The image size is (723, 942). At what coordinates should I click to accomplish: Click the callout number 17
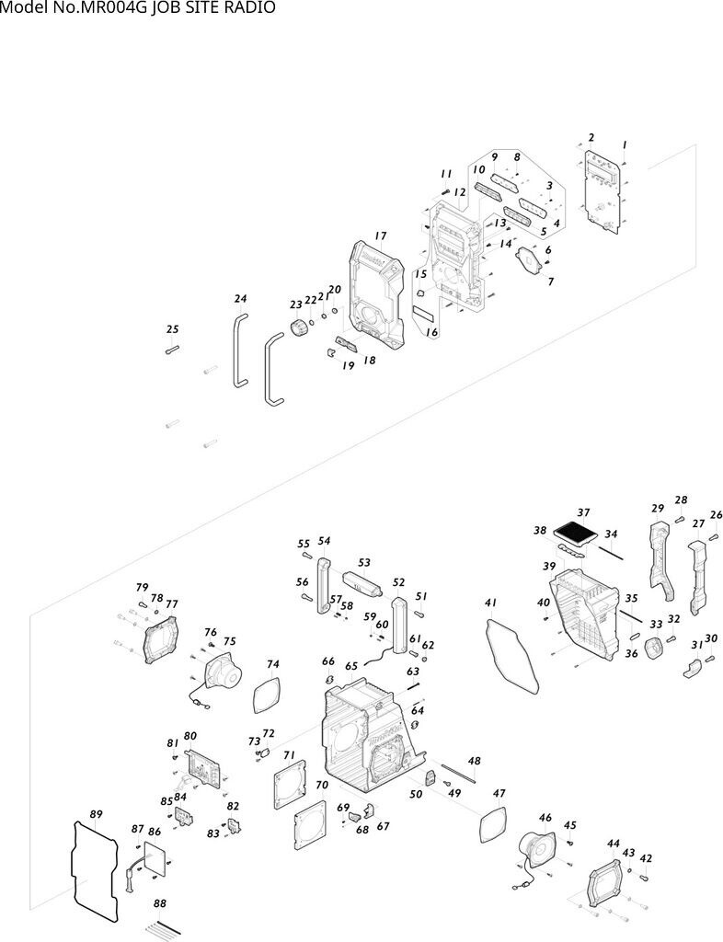point(380,236)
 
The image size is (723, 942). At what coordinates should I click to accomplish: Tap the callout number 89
point(96,814)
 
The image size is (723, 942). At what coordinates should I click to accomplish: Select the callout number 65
point(351,666)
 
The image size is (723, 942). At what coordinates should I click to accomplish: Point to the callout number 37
point(583,512)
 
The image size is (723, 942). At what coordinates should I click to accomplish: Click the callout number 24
point(240,299)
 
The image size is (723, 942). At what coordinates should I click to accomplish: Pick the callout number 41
point(490,603)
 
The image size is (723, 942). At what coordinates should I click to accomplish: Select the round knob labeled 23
point(300,328)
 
